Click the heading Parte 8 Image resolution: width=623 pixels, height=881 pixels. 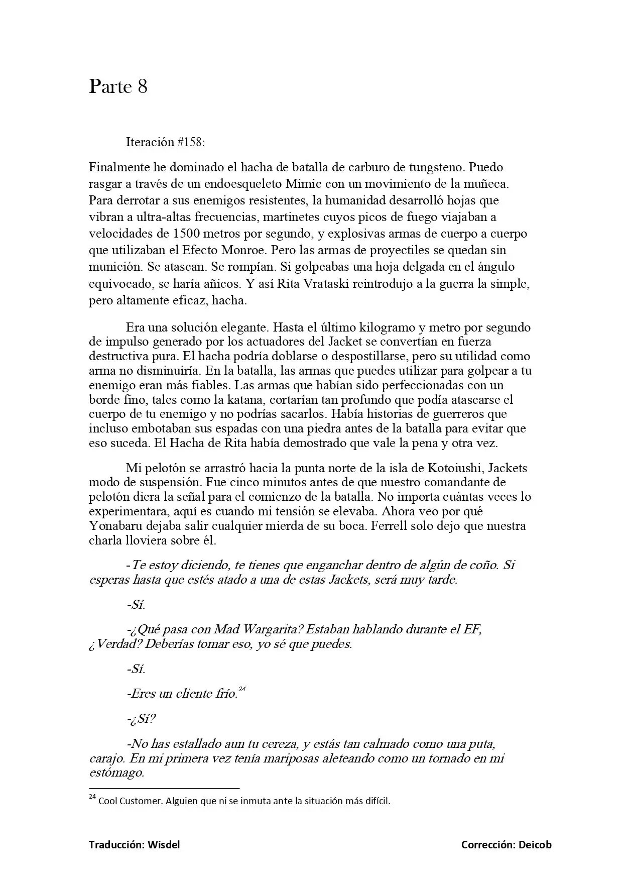click(x=118, y=87)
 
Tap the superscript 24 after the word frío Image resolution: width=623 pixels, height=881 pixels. click(x=242, y=689)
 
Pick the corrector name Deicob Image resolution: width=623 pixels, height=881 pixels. click(x=535, y=845)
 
